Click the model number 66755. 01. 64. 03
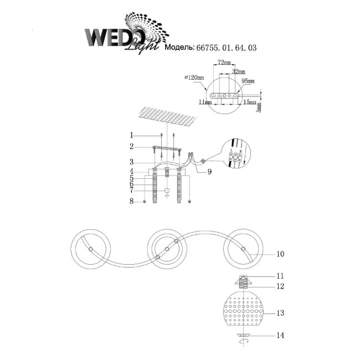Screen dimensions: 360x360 click(227, 49)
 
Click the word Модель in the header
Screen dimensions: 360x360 click(179, 49)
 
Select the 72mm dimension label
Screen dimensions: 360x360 click(224, 64)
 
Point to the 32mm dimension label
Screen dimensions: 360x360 click(238, 72)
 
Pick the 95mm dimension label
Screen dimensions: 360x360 click(249, 81)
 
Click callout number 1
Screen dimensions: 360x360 click(131, 135)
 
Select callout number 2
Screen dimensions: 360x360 click(131, 147)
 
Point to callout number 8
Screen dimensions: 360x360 click(131, 202)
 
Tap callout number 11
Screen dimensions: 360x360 click(280, 275)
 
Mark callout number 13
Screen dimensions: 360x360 click(280, 313)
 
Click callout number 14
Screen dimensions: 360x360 click(280, 336)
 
